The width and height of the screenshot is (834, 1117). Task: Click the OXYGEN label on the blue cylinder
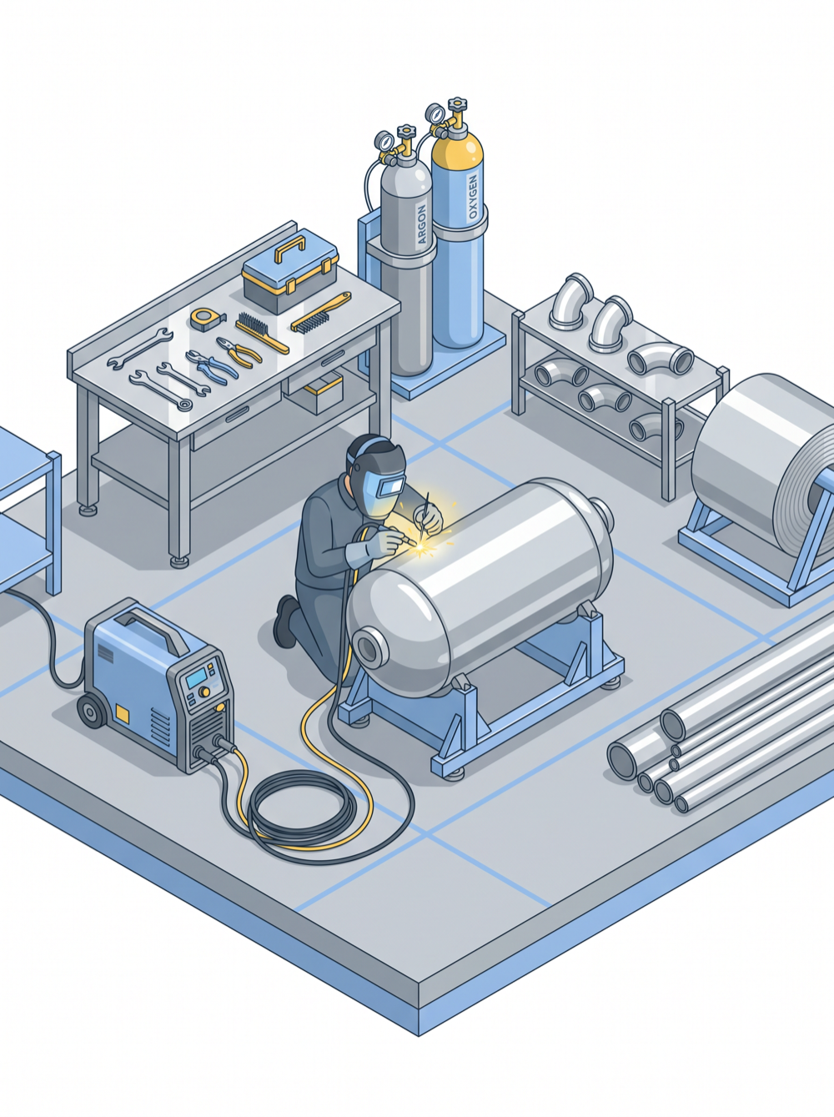[474, 198]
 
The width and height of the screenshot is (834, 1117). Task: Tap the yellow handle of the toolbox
[290, 249]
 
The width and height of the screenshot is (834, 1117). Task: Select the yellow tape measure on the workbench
[207, 319]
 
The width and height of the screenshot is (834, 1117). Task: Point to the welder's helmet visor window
[392, 487]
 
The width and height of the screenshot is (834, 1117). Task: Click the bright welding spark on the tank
[421, 548]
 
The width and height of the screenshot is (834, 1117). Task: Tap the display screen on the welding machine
[196, 678]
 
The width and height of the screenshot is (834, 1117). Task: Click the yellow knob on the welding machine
[204, 692]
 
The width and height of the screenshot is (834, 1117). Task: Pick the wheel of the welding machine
[93, 711]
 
